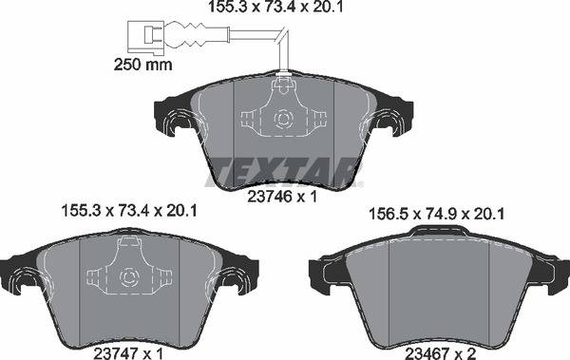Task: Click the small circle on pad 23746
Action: tap(281, 120)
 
